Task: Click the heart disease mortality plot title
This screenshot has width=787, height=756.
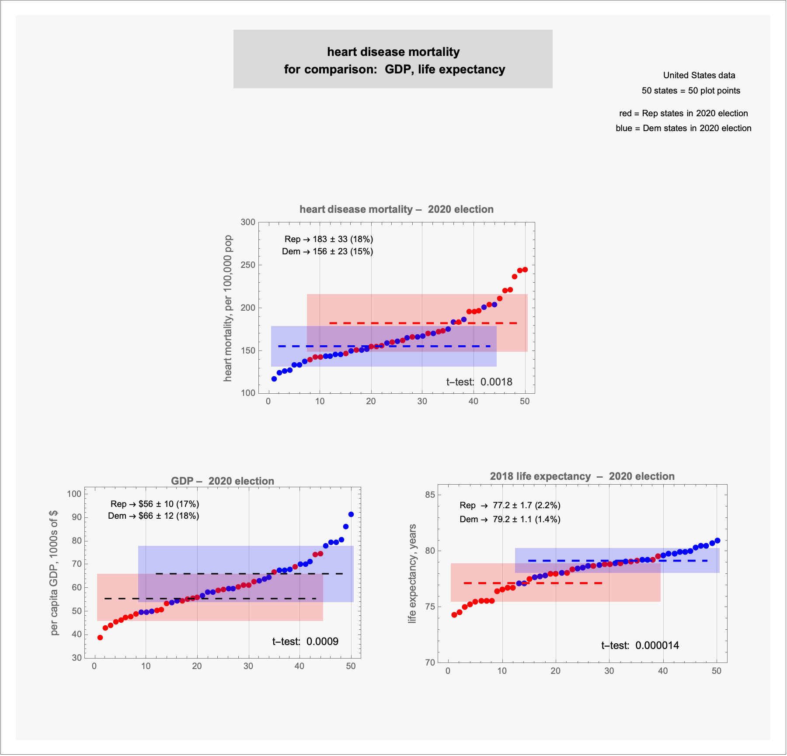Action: pos(396,209)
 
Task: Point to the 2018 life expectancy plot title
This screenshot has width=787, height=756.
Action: pos(582,476)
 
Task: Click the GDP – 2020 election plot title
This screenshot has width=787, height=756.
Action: pos(223,481)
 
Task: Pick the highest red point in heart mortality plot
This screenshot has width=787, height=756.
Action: pos(525,270)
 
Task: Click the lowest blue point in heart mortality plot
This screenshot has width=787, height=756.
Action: pos(274,379)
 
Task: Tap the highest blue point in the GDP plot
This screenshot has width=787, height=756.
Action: pos(351,514)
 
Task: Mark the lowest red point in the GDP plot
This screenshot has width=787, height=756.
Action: pos(100,638)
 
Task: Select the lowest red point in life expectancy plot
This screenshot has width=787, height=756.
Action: pos(454,615)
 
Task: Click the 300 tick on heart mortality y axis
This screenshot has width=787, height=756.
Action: pos(248,222)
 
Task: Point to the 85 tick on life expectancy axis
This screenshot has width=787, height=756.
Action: pos(430,495)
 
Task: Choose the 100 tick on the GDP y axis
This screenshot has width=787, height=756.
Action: pos(74,494)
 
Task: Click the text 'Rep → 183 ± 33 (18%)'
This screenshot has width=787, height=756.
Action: pos(328,239)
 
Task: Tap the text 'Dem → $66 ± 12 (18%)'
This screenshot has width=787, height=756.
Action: pos(153,516)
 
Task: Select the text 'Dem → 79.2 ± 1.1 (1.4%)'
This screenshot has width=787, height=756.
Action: pos(510,519)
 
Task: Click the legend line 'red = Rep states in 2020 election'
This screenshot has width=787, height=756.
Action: pos(683,113)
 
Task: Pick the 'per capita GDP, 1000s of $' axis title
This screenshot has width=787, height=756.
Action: pos(54,572)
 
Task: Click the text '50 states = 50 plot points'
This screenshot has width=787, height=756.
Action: pos(691,90)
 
